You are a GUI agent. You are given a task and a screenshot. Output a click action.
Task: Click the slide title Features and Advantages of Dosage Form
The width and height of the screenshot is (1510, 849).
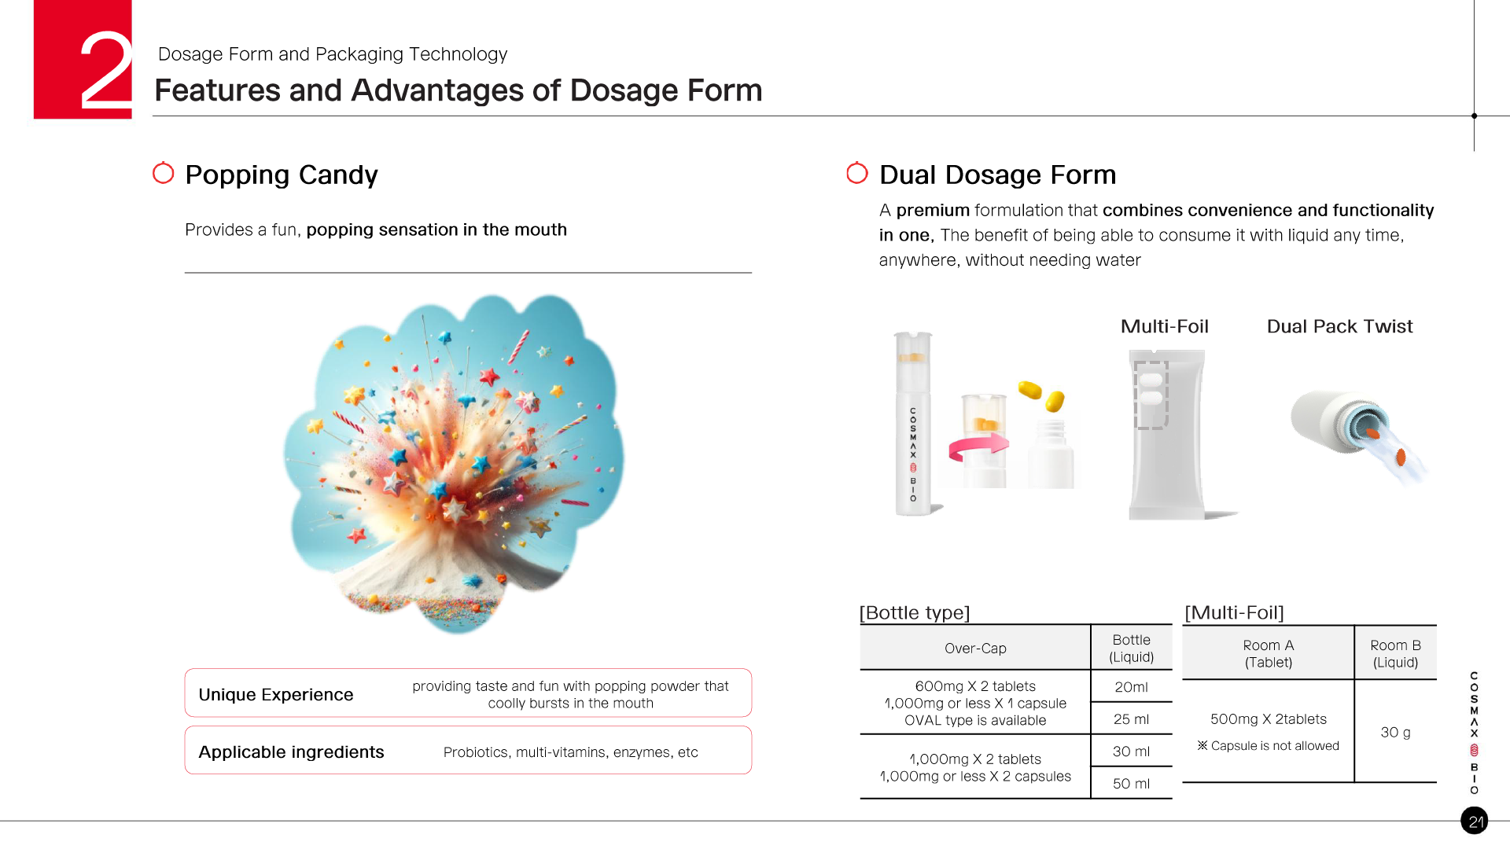point(459,90)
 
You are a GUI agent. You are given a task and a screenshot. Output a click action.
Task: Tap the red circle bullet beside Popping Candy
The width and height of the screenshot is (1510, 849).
point(163,173)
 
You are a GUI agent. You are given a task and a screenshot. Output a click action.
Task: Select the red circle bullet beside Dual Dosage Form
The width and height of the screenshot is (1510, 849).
point(856,173)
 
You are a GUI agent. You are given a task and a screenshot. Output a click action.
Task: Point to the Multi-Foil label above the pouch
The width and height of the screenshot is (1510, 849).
point(1164,326)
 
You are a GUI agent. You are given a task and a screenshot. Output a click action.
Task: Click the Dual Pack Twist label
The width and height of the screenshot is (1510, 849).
point(1339,326)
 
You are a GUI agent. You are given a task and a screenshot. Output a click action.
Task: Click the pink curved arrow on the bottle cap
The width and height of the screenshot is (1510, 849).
point(978,446)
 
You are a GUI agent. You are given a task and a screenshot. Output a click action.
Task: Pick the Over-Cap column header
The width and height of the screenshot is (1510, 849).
point(975,649)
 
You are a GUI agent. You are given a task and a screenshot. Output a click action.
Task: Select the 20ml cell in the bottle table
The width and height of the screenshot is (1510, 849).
point(1131,687)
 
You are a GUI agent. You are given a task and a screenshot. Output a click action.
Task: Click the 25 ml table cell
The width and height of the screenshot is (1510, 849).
point(1131,719)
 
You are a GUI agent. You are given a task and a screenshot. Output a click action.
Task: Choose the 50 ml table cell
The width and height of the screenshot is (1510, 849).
point(1131,784)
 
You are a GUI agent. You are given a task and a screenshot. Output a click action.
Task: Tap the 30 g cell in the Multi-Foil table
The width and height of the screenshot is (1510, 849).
point(1395,733)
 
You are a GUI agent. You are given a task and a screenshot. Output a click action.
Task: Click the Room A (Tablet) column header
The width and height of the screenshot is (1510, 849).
point(1268,653)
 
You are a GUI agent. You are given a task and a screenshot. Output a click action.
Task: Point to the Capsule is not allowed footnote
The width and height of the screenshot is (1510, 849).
point(1268,745)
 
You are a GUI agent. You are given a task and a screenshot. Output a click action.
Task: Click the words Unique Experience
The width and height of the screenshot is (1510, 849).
point(276,695)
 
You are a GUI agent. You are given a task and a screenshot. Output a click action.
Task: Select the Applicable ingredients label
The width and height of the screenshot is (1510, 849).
point(291,752)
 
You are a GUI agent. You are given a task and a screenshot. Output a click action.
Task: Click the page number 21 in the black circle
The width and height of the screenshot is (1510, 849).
point(1475,821)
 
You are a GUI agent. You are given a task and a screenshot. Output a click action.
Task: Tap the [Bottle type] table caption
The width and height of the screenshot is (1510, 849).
point(915,612)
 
